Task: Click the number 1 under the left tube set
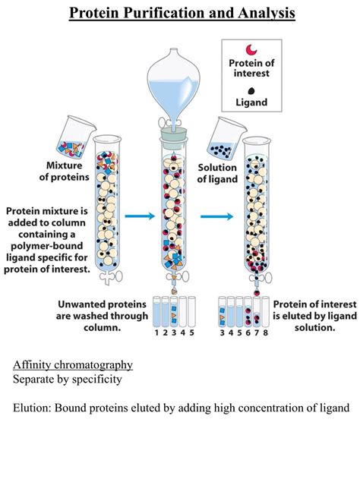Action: (x=156, y=332)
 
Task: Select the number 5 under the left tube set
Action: (x=192, y=332)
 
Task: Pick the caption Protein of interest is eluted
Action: (x=314, y=316)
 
